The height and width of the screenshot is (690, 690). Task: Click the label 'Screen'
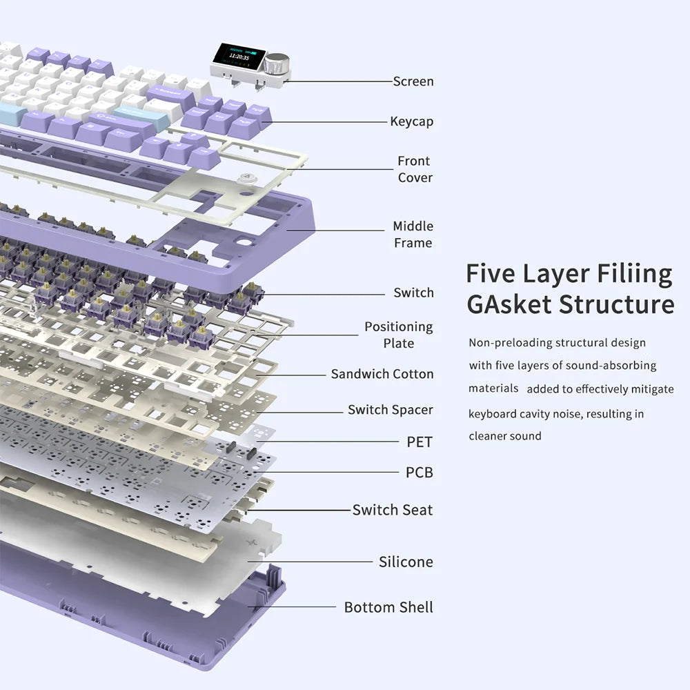[413, 81]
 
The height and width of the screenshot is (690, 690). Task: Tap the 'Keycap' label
[411, 121]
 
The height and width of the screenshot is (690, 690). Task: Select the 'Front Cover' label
[414, 169]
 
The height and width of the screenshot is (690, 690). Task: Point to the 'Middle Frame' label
[413, 234]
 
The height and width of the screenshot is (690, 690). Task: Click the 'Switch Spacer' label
[390, 410]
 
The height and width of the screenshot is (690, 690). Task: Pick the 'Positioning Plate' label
[398, 335]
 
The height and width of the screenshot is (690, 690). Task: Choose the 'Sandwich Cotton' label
[382, 374]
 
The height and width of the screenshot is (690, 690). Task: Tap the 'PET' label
[420, 442]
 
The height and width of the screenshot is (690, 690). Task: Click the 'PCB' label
[420, 473]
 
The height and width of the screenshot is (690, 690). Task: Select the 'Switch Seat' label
[392, 510]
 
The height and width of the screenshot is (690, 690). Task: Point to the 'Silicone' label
[406, 562]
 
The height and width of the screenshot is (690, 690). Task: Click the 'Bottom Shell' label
[388, 607]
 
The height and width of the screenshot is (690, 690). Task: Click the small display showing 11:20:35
[239, 57]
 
